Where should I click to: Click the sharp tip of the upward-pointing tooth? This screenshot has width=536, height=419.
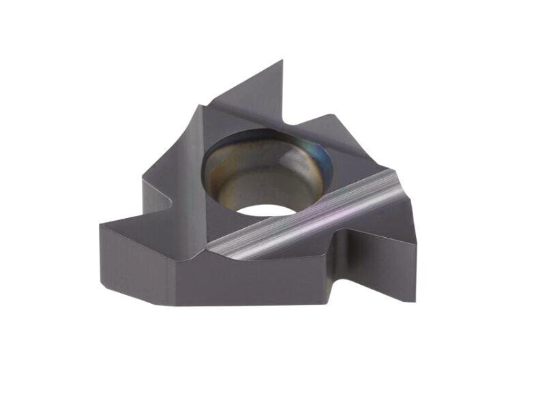click(282, 61)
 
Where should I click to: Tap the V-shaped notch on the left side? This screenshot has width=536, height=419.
click(170, 198)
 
